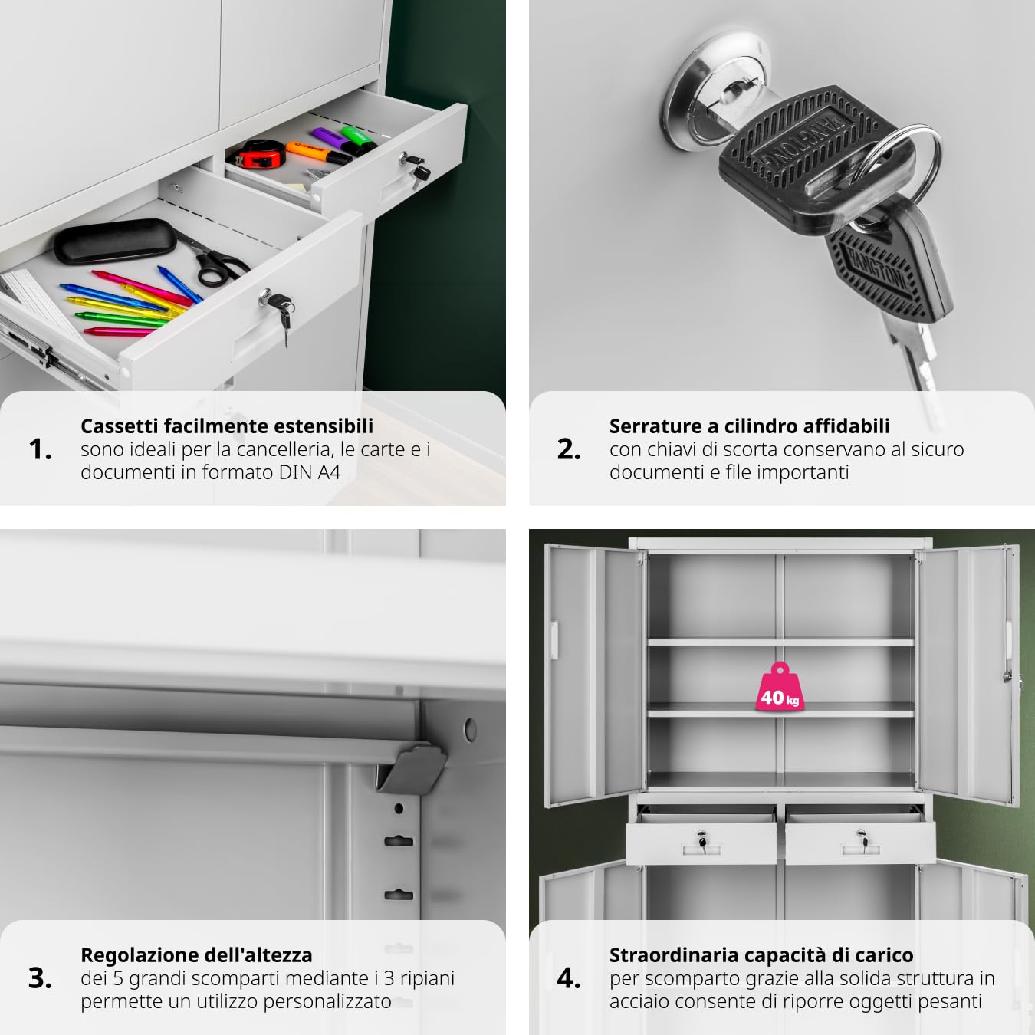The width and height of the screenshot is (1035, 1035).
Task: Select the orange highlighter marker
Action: point(318,153)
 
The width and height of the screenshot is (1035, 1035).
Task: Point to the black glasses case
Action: point(115,242)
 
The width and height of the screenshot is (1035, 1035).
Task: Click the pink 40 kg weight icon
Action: point(780,687)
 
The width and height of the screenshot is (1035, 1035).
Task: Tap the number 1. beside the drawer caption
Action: point(41,449)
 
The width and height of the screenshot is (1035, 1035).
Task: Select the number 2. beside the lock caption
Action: point(569,449)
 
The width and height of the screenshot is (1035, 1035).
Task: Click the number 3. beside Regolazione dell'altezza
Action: point(41,978)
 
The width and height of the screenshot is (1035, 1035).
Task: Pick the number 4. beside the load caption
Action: point(569,978)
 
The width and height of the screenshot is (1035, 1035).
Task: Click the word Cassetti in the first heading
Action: point(120,426)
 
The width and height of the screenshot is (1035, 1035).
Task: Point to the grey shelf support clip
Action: point(412,767)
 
